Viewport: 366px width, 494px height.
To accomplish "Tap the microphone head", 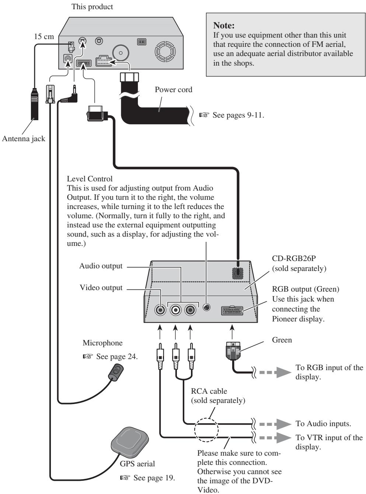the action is (116, 372).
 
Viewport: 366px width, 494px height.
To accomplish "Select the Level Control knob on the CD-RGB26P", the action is (206, 307).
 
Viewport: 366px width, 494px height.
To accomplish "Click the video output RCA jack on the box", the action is (160, 310).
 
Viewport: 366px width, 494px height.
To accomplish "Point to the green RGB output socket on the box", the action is (232, 310).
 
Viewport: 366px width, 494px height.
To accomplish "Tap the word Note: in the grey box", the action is (224, 25).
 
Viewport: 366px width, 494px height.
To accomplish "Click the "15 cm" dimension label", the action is (44, 36).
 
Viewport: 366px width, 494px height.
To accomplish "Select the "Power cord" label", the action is (173, 90).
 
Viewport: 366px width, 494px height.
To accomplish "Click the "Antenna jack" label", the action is (24, 139).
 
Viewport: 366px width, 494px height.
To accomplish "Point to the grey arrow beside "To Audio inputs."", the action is (275, 424).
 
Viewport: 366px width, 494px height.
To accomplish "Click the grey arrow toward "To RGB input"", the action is (275, 372).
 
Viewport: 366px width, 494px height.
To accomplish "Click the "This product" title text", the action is (92, 7).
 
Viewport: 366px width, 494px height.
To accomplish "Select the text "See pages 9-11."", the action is (238, 115).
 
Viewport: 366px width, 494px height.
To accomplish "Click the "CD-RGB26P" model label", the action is (294, 258).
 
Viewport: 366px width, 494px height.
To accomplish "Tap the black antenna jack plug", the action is (35, 104).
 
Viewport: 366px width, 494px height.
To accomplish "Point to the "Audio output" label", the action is (101, 266).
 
